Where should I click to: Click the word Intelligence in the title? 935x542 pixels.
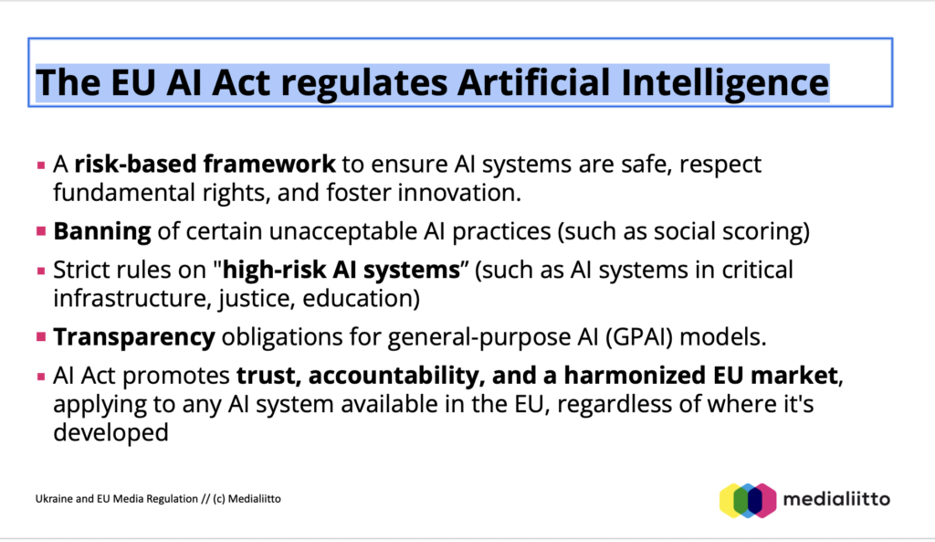724,82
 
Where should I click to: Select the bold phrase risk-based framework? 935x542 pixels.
205,164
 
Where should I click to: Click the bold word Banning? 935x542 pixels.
102,231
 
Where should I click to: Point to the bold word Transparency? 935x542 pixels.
134,337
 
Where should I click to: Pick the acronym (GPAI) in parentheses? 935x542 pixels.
639,337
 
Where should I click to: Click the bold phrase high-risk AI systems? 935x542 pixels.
341,270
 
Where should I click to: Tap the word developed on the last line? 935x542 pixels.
110,432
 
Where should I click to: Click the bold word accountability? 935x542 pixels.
394,376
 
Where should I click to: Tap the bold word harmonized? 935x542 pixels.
636,376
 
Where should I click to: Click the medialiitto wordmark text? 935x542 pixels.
836,499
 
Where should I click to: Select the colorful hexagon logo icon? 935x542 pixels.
748,500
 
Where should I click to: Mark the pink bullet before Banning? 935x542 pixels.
41,231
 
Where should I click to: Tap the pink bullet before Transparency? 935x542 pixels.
41,337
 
